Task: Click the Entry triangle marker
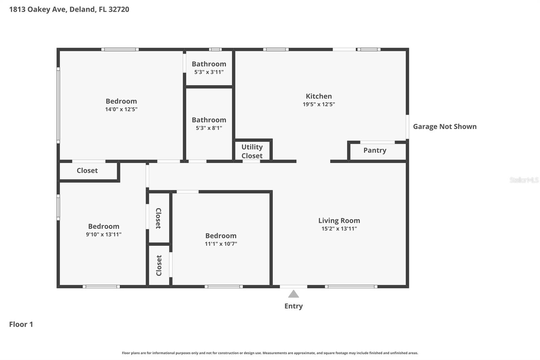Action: pyautogui.click(x=293, y=294)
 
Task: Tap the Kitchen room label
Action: pyautogui.click(x=319, y=96)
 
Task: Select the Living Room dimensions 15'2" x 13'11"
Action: pyautogui.click(x=339, y=229)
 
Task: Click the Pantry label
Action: pyautogui.click(x=375, y=150)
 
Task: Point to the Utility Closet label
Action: pyautogui.click(x=252, y=151)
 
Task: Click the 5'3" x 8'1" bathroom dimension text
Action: pyautogui.click(x=209, y=128)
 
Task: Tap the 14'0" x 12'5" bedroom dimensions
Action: pyautogui.click(x=121, y=109)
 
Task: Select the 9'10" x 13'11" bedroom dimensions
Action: pyautogui.click(x=104, y=234)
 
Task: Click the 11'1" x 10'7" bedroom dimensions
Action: pyautogui.click(x=221, y=244)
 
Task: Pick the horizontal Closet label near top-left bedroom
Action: pyautogui.click(x=87, y=171)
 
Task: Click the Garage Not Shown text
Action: pyautogui.click(x=444, y=127)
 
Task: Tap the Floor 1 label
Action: pyautogui.click(x=21, y=324)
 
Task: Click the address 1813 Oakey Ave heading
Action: pyautogui.click(x=69, y=9)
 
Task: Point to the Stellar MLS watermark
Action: pyautogui.click(x=524, y=180)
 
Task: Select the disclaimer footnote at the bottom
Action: pyautogui.click(x=270, y=353)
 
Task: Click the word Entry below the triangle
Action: pyautogui.click(x=293, y=306)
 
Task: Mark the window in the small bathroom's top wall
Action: pyautogui.click(x=215, y=50)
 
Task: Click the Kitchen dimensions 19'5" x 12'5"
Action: pyautogui.click(x=319, y=104)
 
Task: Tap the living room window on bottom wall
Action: pyautogui.click(x=351, y=287)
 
